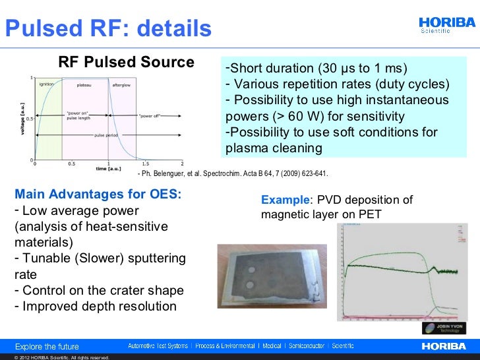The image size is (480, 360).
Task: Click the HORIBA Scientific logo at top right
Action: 447,24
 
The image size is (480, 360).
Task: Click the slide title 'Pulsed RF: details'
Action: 107,28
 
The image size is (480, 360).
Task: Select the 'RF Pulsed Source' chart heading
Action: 127,63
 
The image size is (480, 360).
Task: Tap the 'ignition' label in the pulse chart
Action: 46,84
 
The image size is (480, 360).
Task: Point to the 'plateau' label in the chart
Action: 84,84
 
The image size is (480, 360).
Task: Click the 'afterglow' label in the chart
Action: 121,84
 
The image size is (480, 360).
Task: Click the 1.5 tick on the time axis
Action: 145,164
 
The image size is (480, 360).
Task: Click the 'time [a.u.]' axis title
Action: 107,169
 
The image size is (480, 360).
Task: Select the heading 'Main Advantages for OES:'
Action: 98,195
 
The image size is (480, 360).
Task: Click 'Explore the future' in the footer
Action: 47,346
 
